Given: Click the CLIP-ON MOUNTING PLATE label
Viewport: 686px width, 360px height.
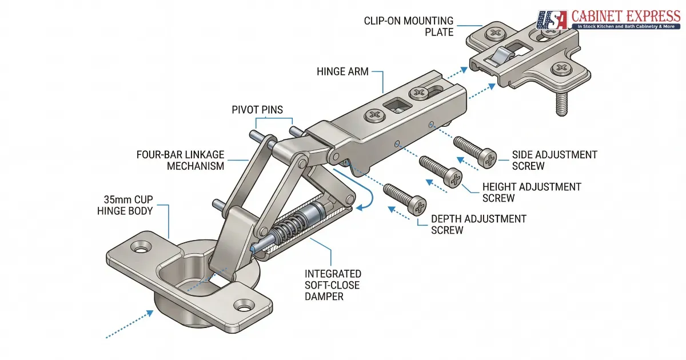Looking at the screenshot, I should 409,26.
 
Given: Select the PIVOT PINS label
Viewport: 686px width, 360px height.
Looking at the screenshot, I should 257,109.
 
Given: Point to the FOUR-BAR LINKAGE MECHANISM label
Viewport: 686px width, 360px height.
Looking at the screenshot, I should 180,160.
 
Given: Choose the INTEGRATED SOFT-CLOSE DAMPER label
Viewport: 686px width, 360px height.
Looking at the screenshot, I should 333,285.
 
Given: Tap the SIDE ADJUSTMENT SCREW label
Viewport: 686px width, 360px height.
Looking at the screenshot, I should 554,160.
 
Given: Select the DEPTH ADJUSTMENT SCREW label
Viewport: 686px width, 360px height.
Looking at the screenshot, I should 478,225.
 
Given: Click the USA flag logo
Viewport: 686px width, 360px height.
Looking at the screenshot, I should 552,20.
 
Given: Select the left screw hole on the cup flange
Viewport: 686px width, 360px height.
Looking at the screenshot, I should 139,248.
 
